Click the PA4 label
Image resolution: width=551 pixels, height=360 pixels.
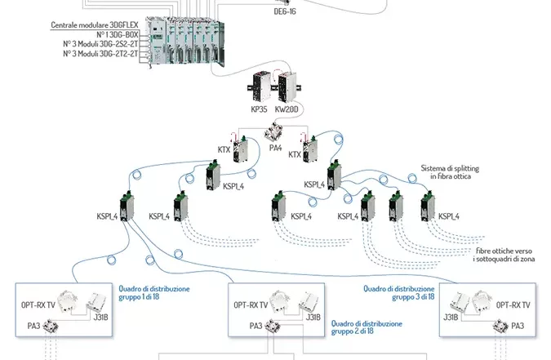(x=275, y=149)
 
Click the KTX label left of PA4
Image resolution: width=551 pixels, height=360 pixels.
(x=224, y=149)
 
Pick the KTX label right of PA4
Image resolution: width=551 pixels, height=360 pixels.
(x=296, y=153)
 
